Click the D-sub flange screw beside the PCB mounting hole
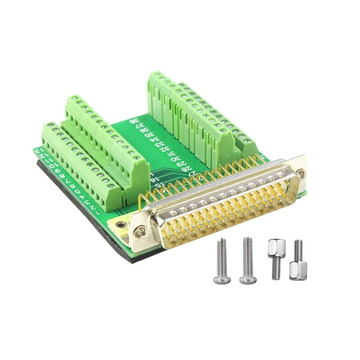pos(141,232)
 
